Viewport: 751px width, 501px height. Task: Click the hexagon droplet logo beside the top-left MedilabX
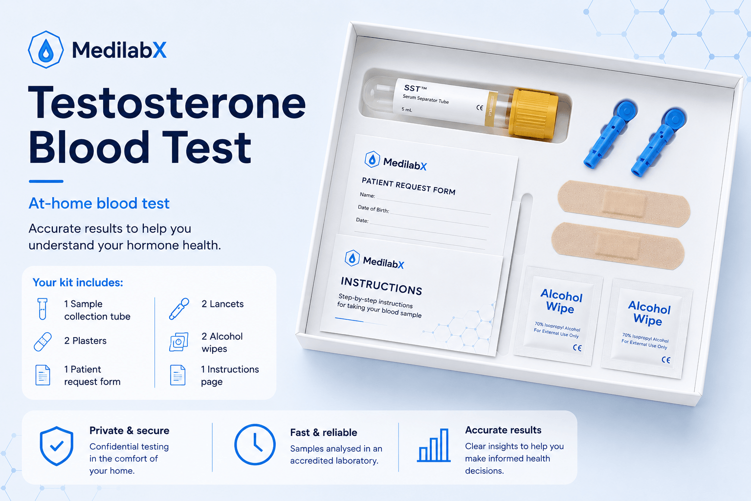45,50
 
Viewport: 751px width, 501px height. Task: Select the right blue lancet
659,141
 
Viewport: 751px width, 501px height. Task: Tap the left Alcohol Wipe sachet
558,316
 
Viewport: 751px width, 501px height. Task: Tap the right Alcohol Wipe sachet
647,328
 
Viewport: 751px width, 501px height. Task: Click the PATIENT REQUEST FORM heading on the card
408,186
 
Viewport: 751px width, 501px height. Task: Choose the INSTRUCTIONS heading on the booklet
381,286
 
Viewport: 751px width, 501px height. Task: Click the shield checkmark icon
56,446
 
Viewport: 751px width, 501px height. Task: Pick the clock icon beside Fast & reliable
255,444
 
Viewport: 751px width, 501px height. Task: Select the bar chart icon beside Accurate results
434,445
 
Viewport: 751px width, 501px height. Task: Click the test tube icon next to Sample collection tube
43,309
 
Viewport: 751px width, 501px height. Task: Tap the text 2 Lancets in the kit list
222,304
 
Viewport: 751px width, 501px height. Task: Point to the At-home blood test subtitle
99,203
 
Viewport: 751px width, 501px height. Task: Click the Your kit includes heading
78,282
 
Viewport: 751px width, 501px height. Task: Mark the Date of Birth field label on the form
373,209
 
